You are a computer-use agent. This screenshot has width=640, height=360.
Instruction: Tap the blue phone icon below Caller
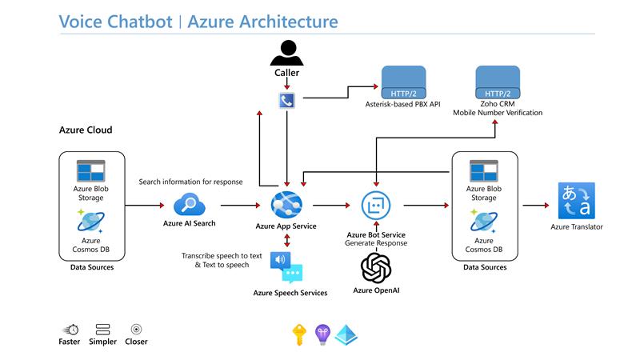[286, 101]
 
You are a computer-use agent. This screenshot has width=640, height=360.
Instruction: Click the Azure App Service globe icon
[286, 205]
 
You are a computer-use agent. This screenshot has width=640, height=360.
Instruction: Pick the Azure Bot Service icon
[375, 206]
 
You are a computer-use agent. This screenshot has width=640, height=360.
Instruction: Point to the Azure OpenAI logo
[375, 267]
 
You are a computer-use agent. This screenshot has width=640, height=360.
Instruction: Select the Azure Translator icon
[576, 201]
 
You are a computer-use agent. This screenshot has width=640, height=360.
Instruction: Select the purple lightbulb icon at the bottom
[322, 334]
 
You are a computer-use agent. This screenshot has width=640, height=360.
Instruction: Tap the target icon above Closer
[136, 329]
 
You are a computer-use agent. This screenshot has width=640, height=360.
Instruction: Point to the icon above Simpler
[102, 329]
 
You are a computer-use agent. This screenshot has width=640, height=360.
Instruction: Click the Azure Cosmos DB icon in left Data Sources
[90, 220]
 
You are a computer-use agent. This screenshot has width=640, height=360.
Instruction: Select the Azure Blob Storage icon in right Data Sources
[483, 170]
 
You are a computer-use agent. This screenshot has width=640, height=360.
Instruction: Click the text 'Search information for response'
[190, 182]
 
